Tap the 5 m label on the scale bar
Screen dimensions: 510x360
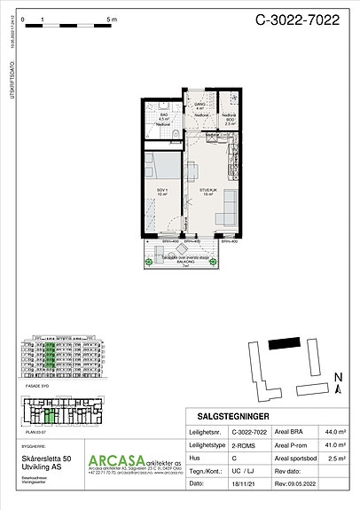click(110, 18)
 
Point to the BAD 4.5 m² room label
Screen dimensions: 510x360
click(163, 115)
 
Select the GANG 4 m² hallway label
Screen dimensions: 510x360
click(200, 107)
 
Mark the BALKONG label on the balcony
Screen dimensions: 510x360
click(181, 260)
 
